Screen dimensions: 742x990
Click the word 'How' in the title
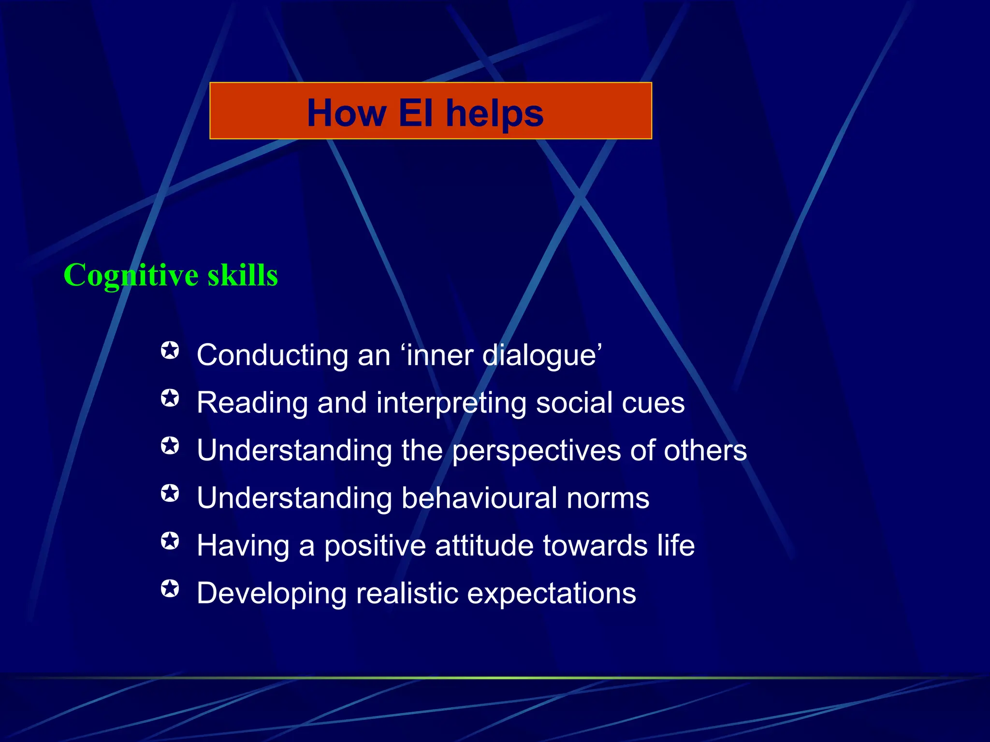point(346,113)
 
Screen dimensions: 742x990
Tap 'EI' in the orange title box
point(415,113)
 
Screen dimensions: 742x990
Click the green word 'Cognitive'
point(131,275)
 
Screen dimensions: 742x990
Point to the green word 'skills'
point(243,275)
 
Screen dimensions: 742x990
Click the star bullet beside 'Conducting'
point(170,350)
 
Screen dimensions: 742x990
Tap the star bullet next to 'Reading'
point(170,398)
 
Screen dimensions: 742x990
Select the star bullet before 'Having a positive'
point(170,541)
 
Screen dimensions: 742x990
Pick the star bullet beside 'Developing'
point(170,588)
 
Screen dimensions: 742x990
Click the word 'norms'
point(608,499)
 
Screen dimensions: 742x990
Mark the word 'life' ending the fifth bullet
point(675,545)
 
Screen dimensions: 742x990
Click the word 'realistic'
point(407,593)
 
